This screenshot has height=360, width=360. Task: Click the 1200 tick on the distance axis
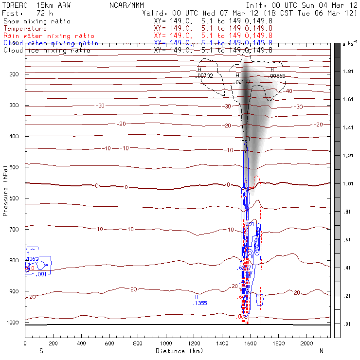194,343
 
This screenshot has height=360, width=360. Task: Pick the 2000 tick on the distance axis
307,343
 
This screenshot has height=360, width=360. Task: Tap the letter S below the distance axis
41,351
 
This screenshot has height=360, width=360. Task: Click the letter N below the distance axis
321,351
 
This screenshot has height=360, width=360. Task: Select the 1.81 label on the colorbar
348,71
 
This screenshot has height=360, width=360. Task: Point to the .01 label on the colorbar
348,323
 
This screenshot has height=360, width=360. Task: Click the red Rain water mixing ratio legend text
49,36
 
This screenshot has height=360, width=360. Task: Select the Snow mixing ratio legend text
37,21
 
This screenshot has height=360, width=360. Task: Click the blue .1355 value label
200,303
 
